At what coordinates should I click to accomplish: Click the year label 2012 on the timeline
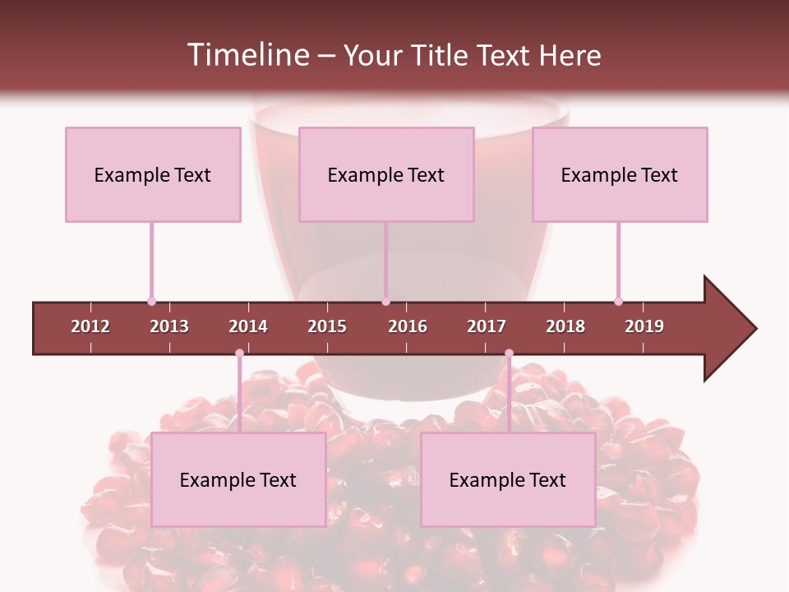click(x=90, y=326)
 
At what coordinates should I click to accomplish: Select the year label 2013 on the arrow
click(x=169, y=326)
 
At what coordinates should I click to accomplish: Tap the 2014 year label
click(x=248, y=326)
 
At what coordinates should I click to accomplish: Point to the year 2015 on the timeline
click(x=327, y=326)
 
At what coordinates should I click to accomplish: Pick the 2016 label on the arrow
click(x=408, y=326)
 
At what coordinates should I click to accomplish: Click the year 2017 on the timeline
click(x=487, y=326)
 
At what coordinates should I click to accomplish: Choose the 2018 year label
click(x=565, y=326)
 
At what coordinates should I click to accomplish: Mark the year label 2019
click(x=644, y=326)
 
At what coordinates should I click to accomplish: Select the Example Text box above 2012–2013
click(x=153, y=175)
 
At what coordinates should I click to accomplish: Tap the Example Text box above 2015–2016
click(x=386, y=175)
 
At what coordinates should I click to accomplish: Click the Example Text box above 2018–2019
click(x=620, y=175)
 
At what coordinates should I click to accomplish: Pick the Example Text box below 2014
click(x=238, y=480)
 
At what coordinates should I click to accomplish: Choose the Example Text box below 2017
click(x=508, y=480)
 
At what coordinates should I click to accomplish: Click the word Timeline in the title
click(x=247, y=55)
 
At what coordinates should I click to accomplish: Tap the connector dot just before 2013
click(x=151, y=301)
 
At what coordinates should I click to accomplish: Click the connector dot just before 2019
click(x=618, y=301)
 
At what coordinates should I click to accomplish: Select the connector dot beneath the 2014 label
click(x=239, y=354)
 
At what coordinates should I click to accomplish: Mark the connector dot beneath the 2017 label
click(x=509, y=354)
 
